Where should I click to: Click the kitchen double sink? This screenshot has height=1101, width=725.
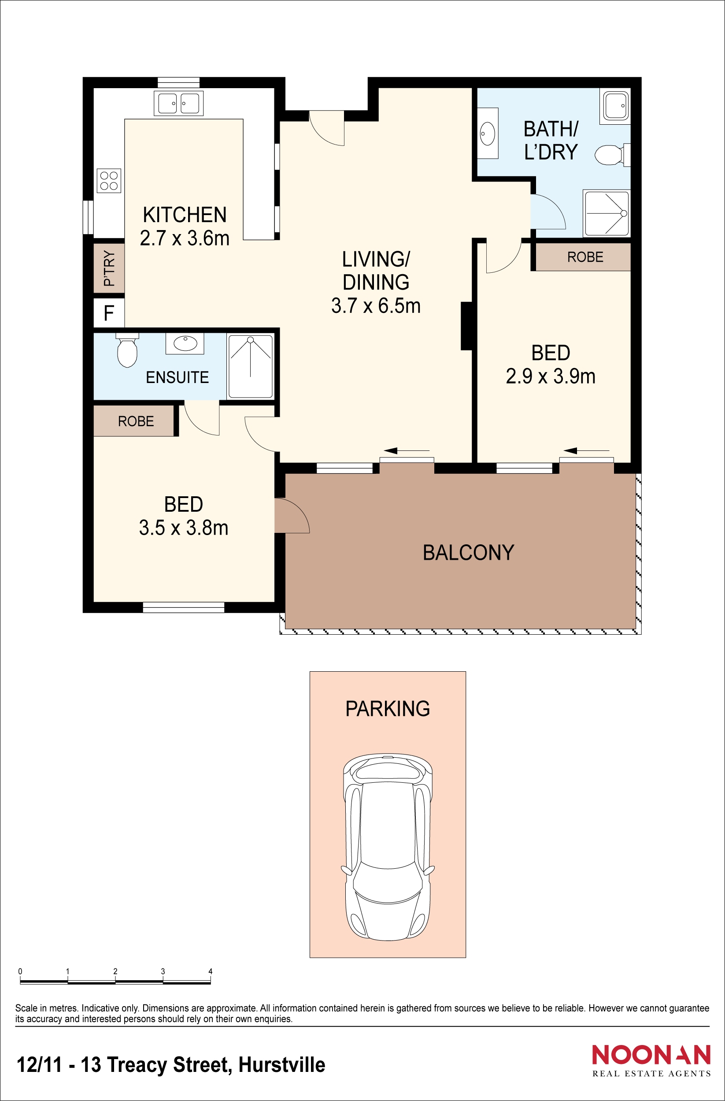click(178, 103)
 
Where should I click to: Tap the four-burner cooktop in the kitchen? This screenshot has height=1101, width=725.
click(109, 180)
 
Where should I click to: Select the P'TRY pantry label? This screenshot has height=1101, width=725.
click(109, 268)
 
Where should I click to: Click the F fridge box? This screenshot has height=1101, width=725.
click(109, 313)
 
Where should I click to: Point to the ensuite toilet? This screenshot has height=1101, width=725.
click(127, 352)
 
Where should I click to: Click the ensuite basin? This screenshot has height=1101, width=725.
click(185, 343)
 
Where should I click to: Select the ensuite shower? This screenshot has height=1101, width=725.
click(250, 366)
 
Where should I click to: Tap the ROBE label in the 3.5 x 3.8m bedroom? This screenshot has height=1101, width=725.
click(136, 421)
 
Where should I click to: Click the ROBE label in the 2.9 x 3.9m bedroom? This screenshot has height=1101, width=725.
click(585, 257)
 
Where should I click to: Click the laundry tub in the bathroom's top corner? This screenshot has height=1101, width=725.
click(615, 106)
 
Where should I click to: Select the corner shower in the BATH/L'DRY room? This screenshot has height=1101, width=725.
click(606, 213)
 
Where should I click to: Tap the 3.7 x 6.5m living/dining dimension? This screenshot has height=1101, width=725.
click(375, 306)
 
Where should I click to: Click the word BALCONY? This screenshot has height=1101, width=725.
click(468, 552)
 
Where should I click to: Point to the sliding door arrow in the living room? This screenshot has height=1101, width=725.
click(407, 450)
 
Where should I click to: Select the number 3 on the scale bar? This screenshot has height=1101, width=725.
click(163, 971)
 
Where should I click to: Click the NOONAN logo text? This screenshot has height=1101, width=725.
click(651, 1055)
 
